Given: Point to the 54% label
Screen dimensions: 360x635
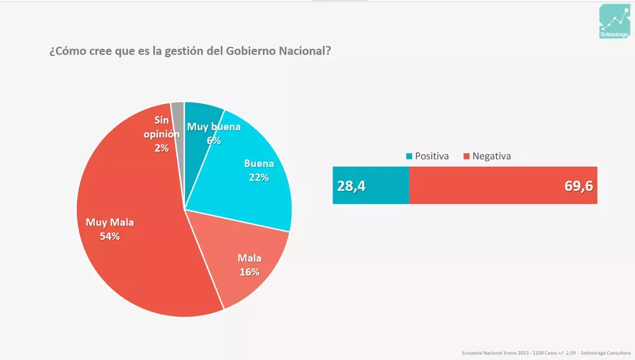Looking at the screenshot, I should [x=109, y=237].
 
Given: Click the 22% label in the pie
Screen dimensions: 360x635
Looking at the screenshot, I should [x=258, y=177].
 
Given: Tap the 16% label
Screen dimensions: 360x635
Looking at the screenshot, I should [x=250, y=272].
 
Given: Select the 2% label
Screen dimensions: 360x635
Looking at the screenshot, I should [x=161, y=148].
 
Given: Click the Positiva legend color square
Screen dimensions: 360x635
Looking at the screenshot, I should [x=409, y=156].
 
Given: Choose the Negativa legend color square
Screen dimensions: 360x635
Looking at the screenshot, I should [x=466, y=156].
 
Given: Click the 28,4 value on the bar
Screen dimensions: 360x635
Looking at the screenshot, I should [x=351, y=185].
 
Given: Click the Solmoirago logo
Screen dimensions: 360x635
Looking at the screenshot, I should [x=613, y=22].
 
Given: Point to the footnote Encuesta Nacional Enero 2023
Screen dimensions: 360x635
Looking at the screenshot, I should [x=499, y=352].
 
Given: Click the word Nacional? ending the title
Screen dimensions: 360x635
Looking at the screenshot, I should [x=305, y=51].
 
